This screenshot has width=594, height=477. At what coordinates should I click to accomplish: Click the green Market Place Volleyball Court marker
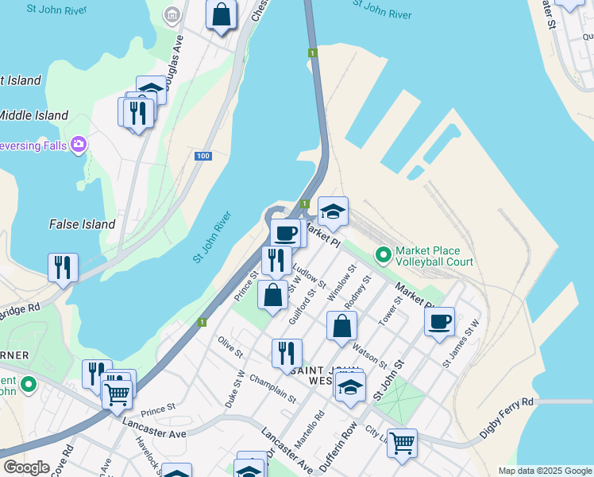(384, 255)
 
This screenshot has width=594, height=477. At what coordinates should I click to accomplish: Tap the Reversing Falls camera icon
(79, 145)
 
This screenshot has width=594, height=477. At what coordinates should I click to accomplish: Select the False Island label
(82, 224)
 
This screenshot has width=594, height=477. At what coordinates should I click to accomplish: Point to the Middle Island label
(34, 115)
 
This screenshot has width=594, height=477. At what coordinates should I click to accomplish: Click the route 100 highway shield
(203, 156)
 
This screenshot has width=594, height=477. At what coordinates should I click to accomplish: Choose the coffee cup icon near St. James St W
(439, 321)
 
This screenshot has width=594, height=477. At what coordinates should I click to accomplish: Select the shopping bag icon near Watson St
(341, 326)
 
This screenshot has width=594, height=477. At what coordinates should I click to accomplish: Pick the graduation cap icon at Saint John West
(349, 387)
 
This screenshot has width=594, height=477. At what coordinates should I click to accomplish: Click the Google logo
(26, 467)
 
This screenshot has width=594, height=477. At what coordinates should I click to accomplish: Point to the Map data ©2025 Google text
(545, 471)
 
